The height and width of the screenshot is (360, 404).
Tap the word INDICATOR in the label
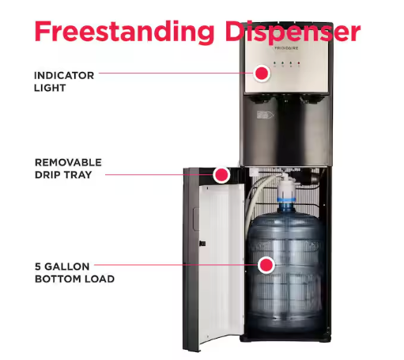[64, 75]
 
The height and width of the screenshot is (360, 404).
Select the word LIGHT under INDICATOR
[50, 88]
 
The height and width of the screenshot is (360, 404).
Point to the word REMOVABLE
[68, 162]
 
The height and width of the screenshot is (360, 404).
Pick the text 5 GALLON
[62, 266]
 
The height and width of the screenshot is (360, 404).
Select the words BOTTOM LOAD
[74, 279]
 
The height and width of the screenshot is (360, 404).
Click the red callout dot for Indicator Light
[262, 74]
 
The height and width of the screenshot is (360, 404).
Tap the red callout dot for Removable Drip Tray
[222, 174]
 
